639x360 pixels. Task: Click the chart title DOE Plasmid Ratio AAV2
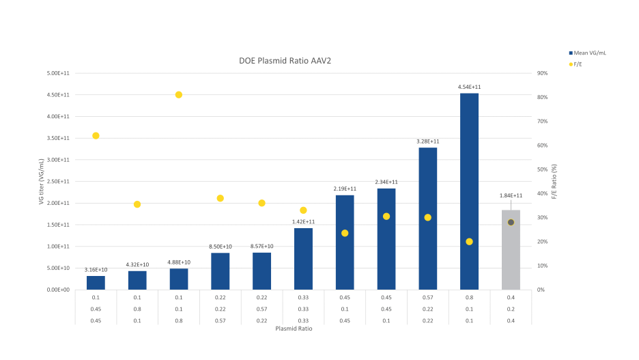tap(285, 61)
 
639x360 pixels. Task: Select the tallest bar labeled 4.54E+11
tap(469, 191)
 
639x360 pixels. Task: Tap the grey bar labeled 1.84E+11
tap(511, 250)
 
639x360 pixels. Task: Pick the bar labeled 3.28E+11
tap(427, 219)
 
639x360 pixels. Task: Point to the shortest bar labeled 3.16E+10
tap(96, 283)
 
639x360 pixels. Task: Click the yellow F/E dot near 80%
tap(179, 94)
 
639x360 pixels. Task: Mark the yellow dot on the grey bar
tap(511, 222)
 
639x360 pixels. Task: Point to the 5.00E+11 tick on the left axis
tap(58, 73)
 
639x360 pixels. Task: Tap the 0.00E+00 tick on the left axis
tap(58, 290)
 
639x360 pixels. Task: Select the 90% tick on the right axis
tap(543, 73)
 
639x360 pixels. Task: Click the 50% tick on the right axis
tap(543, 169)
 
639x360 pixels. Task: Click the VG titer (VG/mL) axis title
tap(42, 182)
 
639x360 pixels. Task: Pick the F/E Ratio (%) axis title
tap(554, 182)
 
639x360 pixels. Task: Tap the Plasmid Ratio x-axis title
tap(294, 329)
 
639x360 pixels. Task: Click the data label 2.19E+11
tap(345, 189)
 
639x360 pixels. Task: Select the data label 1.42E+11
tap(303, 221)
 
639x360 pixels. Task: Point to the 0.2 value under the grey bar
tap(511, 309)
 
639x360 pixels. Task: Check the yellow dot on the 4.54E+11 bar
tap(469, 241)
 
